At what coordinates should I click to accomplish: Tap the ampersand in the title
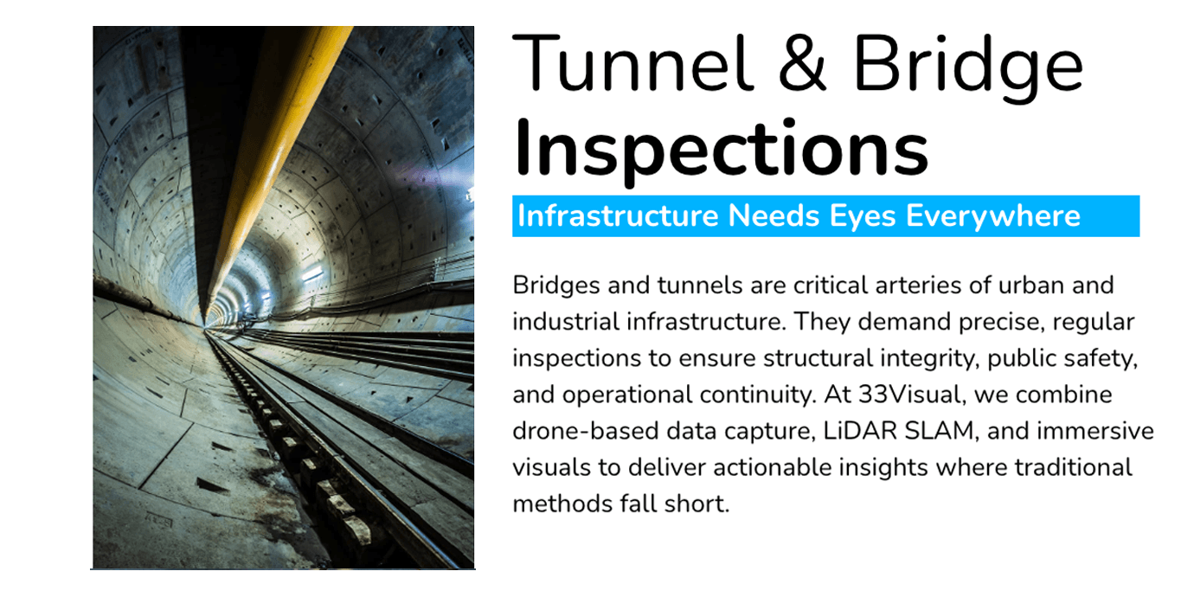pos(802,64)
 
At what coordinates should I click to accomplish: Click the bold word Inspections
pos(722,150)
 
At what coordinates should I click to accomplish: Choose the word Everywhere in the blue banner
pos(993,217)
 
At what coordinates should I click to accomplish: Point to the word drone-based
pos(585,431)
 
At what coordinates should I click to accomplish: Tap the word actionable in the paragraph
pos(772,467)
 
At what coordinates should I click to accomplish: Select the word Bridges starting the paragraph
pos(556,286)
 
